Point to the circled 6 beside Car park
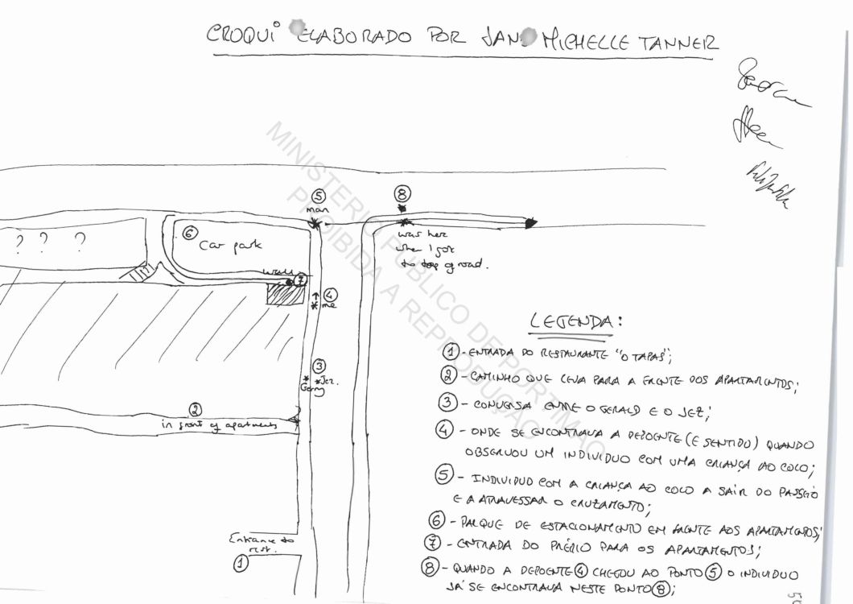(x=187, y=234)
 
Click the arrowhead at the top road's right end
(x=530, y=223)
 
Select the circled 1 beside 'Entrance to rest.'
(x=240, y=565)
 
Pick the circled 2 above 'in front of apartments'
(x=195, y=408)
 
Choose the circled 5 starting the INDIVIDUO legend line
(x=444, y=477)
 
